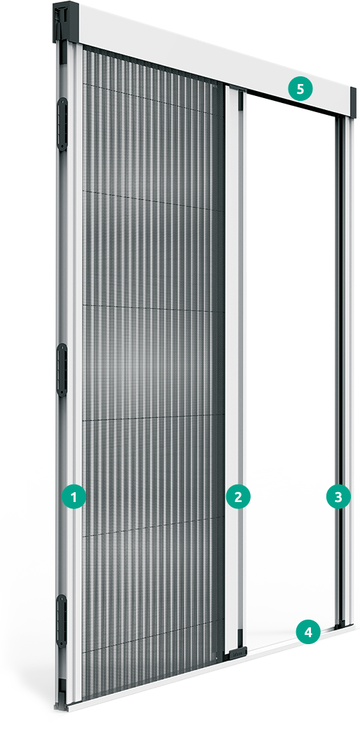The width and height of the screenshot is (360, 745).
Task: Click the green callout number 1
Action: tap(74, 497)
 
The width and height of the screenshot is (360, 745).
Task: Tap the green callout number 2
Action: tap(237, 497)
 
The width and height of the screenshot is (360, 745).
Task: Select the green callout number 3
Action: tap(338, 497)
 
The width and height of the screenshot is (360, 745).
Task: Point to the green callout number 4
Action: tap(308, 632)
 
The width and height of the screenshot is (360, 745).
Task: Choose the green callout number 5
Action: tap(300, 89)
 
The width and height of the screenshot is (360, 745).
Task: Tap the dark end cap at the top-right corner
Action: tap(353, 102)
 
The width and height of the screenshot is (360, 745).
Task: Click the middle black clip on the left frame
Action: tap(62, 370)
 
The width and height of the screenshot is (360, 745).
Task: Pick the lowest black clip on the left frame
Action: tap(62, 620)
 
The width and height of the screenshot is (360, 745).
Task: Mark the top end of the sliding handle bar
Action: tap(236, 88)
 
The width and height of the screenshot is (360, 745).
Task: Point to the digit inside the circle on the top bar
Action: tap(300, 89)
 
